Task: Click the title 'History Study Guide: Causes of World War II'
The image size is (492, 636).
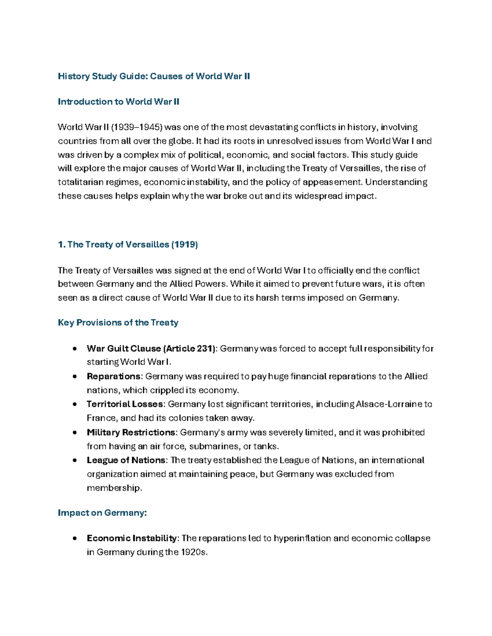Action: (154, 76)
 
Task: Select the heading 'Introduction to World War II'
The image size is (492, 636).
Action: (118, 102)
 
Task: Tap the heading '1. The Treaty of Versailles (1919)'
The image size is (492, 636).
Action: (128, 244)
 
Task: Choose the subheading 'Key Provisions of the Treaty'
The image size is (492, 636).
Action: (118, 323)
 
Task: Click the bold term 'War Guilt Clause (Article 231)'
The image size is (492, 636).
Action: (151, 349)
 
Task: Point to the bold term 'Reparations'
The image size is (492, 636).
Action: (114, 376)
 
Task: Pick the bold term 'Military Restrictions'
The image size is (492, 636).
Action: (131, 432)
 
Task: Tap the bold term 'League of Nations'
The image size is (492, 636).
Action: (126, 460)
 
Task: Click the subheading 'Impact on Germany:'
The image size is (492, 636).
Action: (102, 513)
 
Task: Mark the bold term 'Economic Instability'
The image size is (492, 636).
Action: (132, 538)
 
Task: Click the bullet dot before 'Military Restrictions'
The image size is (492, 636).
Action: (74, 432)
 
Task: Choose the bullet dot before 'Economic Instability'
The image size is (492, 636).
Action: (74, 539)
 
